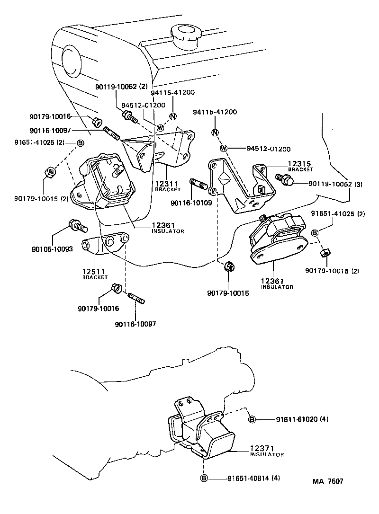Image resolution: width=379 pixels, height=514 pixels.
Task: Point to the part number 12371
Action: tap(262, 448)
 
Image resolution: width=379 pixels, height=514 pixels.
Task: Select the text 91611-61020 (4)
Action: tap(302, 419)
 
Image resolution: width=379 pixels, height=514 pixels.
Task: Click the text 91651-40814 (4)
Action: tap(253, 478)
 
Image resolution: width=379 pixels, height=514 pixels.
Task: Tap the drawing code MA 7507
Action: tap(327, 481)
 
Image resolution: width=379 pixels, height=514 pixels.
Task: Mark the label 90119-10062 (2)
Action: tap(115, 87)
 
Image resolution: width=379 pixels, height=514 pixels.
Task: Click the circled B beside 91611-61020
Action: tap(252, 419)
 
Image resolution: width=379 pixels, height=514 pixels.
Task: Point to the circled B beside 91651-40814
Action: tap(204, 478)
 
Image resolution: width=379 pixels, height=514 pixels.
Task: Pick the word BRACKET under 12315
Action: tap(299, 169)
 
